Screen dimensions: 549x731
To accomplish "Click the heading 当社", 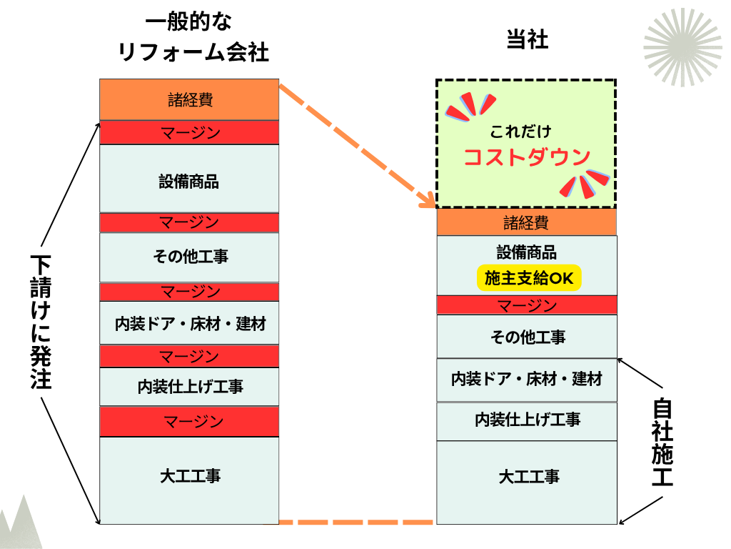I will pyautogui.click(x=527, y=40).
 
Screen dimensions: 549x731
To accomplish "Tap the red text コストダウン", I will pyautogui.click(x=527, y=157).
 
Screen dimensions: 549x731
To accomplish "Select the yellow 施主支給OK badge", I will pyautogui.click(x=529, y=279).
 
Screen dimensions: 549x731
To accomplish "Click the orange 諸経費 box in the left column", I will pyautogui.click(x=189, y=100).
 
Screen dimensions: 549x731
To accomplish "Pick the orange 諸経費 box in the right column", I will pyautogui.click(x=526, y=222).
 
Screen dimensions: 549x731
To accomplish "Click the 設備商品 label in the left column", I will pyautogui.click(x=188, y=182).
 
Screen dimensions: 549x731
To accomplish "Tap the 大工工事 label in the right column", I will pyautogui.click(x=529, y=477).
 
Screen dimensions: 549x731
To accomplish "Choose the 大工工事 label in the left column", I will pyautogui.click(x=190, y=475).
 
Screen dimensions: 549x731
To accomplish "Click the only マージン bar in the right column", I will pyautogui.click(x=526, y=305).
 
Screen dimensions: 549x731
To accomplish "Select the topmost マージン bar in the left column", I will pyautogui.click(x=189, y=133).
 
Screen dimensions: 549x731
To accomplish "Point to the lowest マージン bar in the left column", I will pyautogui.click(x=189, y=421).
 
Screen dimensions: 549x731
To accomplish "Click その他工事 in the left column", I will pyautogui.click(x=190, y=257).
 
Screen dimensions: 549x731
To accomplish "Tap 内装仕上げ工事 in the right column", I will pyautogui.click(x=527, y=420).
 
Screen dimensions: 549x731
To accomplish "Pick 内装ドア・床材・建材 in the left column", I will pyautogui.click(x=190, y=324).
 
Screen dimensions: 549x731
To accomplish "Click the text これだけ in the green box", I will pyautogui.click(x=520, y=132).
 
